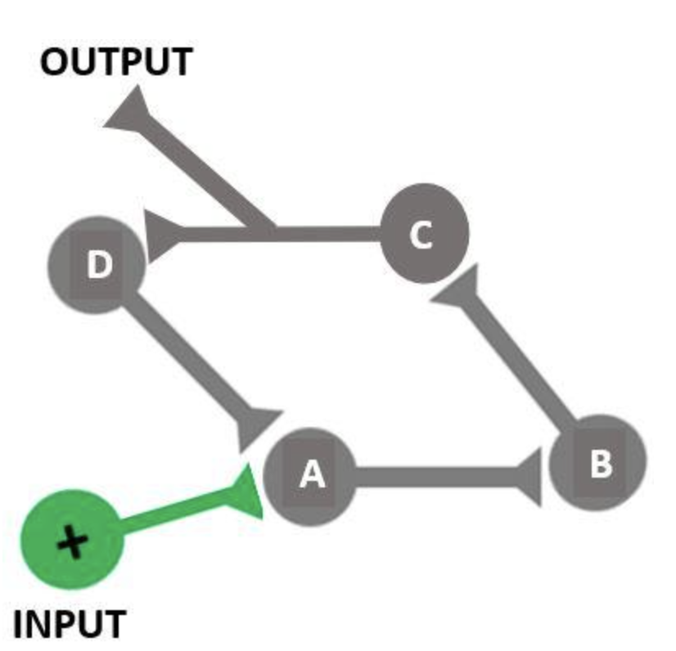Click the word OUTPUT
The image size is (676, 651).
click(116, 62)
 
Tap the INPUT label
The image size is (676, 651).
click(70, 625)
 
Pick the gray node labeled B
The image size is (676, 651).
click(598, 463)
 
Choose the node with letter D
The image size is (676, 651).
click(97, 265)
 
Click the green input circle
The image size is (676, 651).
click(71, 540)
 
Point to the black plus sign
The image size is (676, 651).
click(73, 541)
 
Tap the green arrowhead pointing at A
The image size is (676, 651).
click(246, 492)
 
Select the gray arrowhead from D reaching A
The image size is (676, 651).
click(257, 425)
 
